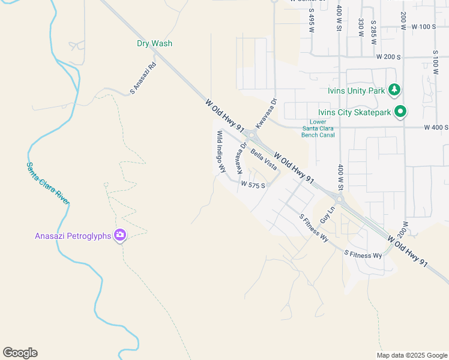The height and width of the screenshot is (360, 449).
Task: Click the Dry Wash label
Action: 154,43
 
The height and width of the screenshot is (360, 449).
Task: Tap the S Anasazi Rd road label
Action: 143,77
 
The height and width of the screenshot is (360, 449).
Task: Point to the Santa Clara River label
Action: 47,182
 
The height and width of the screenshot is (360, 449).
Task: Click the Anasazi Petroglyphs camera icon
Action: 120,236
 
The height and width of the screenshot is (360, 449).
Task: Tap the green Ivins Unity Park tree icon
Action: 394,91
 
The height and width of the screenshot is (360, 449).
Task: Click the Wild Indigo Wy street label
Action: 221,152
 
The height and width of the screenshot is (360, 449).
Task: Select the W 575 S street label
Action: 253,185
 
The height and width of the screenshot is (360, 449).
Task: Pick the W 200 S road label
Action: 388,56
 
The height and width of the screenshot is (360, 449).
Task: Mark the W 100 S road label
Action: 424,27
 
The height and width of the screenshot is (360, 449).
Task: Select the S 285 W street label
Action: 373,27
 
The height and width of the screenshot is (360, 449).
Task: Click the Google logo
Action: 20,353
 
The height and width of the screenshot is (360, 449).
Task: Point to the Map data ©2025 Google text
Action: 411,355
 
